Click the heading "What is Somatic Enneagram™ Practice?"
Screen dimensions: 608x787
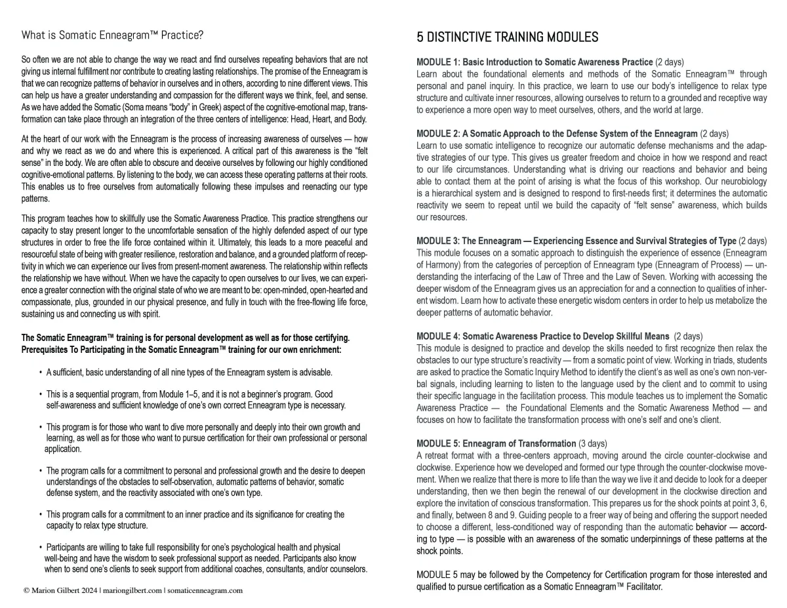(112, 35)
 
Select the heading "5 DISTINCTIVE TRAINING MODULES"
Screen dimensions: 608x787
(507, 37)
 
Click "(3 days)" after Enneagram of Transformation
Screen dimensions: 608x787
(593, 443)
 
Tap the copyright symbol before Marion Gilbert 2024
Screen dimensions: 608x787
(26, 590)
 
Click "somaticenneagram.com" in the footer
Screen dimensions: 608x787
(205, 590)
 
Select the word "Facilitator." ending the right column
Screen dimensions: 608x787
(643, 586)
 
